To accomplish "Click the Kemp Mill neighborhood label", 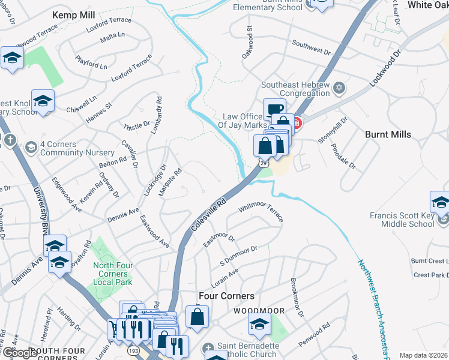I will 74,14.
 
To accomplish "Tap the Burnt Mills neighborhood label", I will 388,134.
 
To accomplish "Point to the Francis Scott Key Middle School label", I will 402,220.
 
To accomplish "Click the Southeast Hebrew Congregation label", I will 295,89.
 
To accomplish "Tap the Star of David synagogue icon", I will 339,89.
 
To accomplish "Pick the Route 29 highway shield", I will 264,163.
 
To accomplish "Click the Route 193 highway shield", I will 131,349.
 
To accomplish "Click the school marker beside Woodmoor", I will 259,325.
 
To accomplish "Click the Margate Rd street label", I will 170,183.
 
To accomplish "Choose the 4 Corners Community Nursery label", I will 68,148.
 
